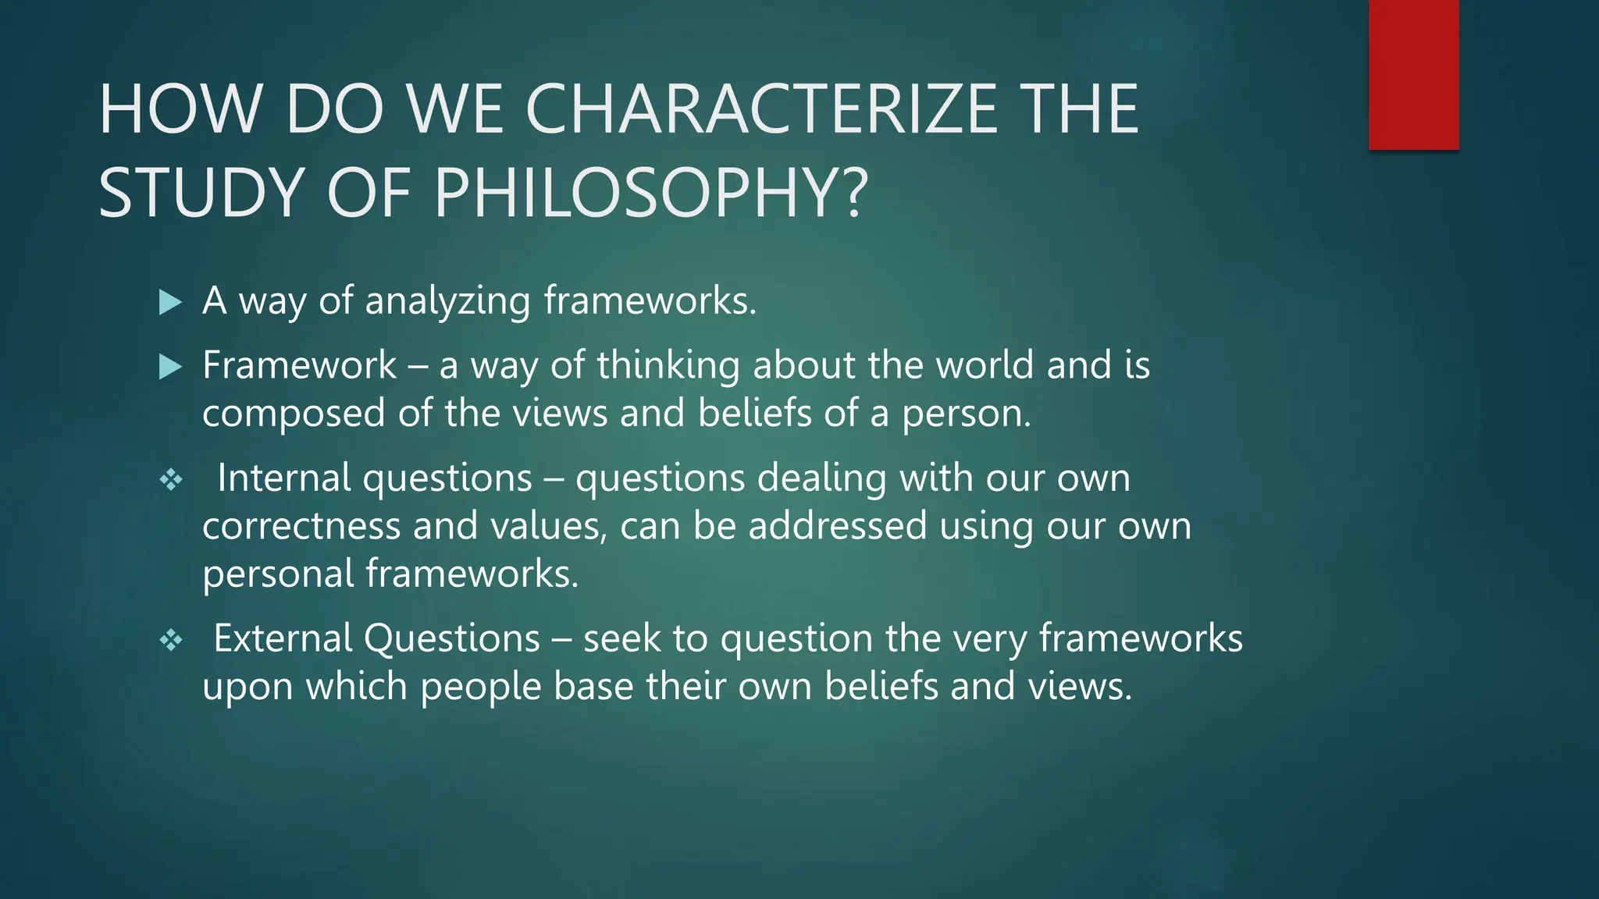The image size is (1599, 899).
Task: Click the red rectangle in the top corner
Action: click(x=1413, y=75)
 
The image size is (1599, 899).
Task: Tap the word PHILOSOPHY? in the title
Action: click(x=650, y=193)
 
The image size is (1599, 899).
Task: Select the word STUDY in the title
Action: click(x=201, y=193)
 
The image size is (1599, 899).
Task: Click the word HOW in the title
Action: click(x=180, y=109)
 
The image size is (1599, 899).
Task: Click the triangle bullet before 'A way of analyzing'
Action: click(x=169, y=302)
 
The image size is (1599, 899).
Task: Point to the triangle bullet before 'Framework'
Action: click(x=169, y=367)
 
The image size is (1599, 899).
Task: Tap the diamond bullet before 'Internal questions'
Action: click(x=171, y=479)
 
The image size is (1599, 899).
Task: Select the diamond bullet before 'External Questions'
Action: click(x=171, y=641)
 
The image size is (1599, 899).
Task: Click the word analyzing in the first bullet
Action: click(x=447, y=301)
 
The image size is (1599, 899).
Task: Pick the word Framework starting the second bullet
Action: click(x=299, y=365)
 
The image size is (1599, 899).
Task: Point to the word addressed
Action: click(x=837, y=526)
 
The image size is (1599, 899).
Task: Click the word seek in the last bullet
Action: click(x=621, y=638)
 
